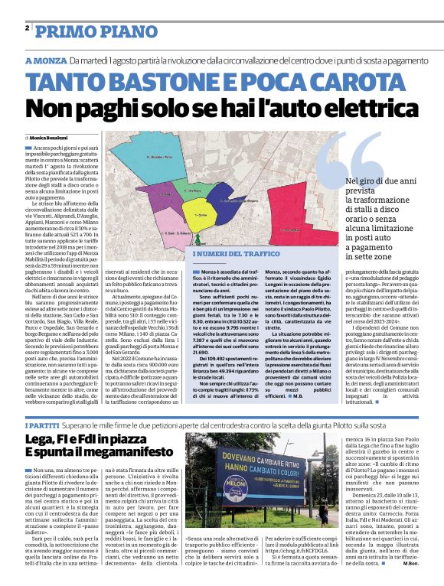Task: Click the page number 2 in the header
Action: [27, 28]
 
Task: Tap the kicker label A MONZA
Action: [46, 60]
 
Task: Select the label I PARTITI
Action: [43, 424]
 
